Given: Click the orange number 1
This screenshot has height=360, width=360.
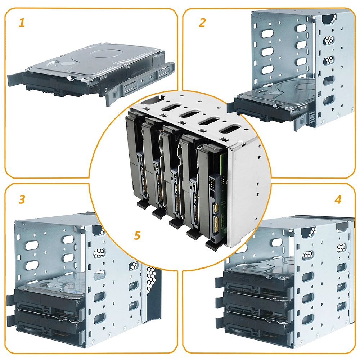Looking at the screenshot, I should pyautogui.click(x=22, y=23).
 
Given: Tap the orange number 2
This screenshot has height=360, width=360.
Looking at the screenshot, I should pyautogui.click(x=202, y=23).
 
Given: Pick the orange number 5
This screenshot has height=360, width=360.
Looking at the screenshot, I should pyautogui.click(x=137, y=236).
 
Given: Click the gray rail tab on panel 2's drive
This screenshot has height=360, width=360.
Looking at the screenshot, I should pyautogui.click(x=301, y=119).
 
